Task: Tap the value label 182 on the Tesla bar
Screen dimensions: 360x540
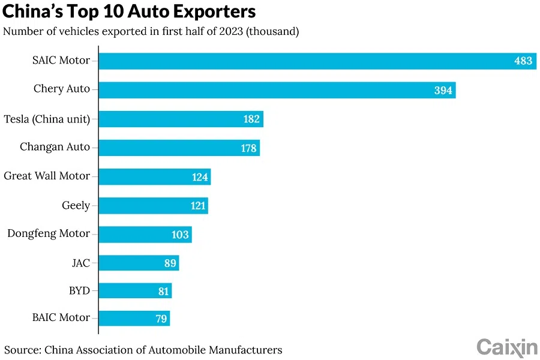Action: tap(251, 119)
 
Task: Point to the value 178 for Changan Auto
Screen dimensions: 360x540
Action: tap(249, 148)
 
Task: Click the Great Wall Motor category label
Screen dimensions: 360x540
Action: tap(47, 176)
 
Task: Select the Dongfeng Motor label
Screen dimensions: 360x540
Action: tap(49, 233)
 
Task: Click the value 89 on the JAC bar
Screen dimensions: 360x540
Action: tap(170, 263)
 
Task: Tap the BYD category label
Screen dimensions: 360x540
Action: tap(79, 291)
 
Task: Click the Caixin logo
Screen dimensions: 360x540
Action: tap(507, 347)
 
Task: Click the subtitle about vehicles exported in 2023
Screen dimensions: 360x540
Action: tap(151, 32)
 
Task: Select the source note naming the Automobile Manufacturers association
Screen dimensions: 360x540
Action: tap(143, 349)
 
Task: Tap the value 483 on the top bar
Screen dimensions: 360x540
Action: tap(523, 61)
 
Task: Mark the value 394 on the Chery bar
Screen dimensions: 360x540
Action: tap(443, 90)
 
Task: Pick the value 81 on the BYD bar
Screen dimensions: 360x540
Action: tap(163, 292)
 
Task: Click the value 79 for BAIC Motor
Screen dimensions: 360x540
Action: tap(161, 319)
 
